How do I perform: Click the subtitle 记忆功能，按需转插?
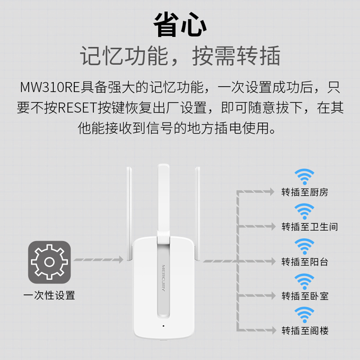[180, 57]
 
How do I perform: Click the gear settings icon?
[49, 262]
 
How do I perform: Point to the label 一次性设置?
[49, 296]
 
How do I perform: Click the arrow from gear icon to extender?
[98, 260]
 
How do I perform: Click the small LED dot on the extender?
[163, 325]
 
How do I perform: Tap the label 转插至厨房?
[305, 193]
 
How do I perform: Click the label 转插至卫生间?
[309, 227]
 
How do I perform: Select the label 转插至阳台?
[305, 261]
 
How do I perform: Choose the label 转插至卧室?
[305, 296]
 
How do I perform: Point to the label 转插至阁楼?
[305, 331]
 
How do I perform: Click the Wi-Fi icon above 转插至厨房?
[304, 177]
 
